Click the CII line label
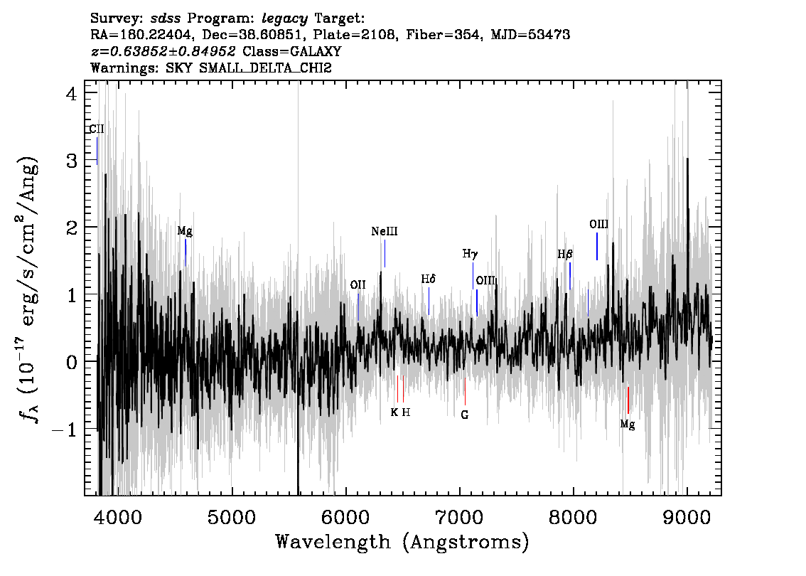[x=97, y=129]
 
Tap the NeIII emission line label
[x=385, y=231]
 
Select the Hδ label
[x=428, y=279]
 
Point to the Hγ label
[x=470, y=254]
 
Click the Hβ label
[x=565, y=254]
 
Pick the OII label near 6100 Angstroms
[x=358, y=285]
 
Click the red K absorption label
[x=394, y=412]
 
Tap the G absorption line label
[x=465, y=415]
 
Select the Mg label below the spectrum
[x=628, y=425]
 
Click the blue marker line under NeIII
[x=385, y=254]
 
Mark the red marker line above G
[x=465, y=392]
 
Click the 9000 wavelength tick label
[x=687, y=518]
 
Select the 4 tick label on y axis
[x=72, y=94]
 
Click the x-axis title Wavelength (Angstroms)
[x=402, y=542]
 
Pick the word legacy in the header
[x=285, y=19]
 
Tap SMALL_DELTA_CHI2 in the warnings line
[x=265, y=68]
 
